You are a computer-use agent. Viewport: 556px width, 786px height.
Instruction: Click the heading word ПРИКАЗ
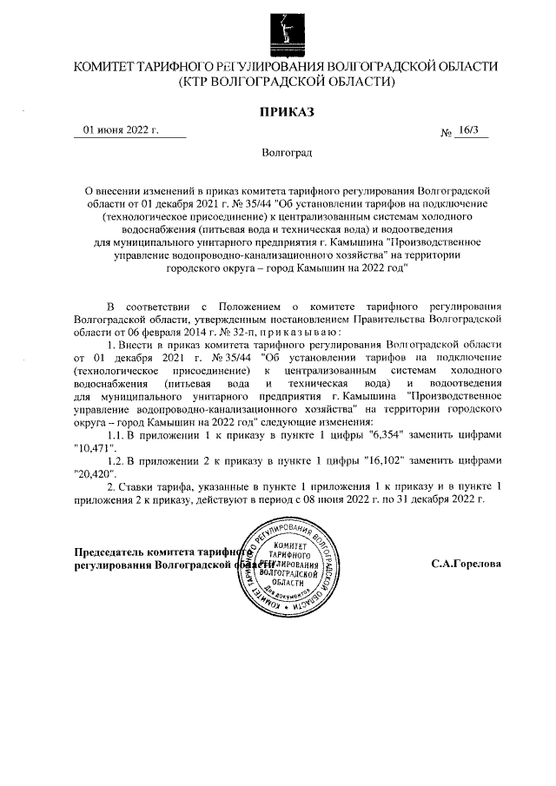[x=286, y=111]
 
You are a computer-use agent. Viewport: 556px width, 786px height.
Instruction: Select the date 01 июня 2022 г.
[x=121, y=130]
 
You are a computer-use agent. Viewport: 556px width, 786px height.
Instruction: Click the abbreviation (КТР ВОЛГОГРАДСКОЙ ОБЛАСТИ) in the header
[x=286, y=83]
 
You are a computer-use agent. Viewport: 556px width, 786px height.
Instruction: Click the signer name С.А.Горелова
[x=466, y=563]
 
